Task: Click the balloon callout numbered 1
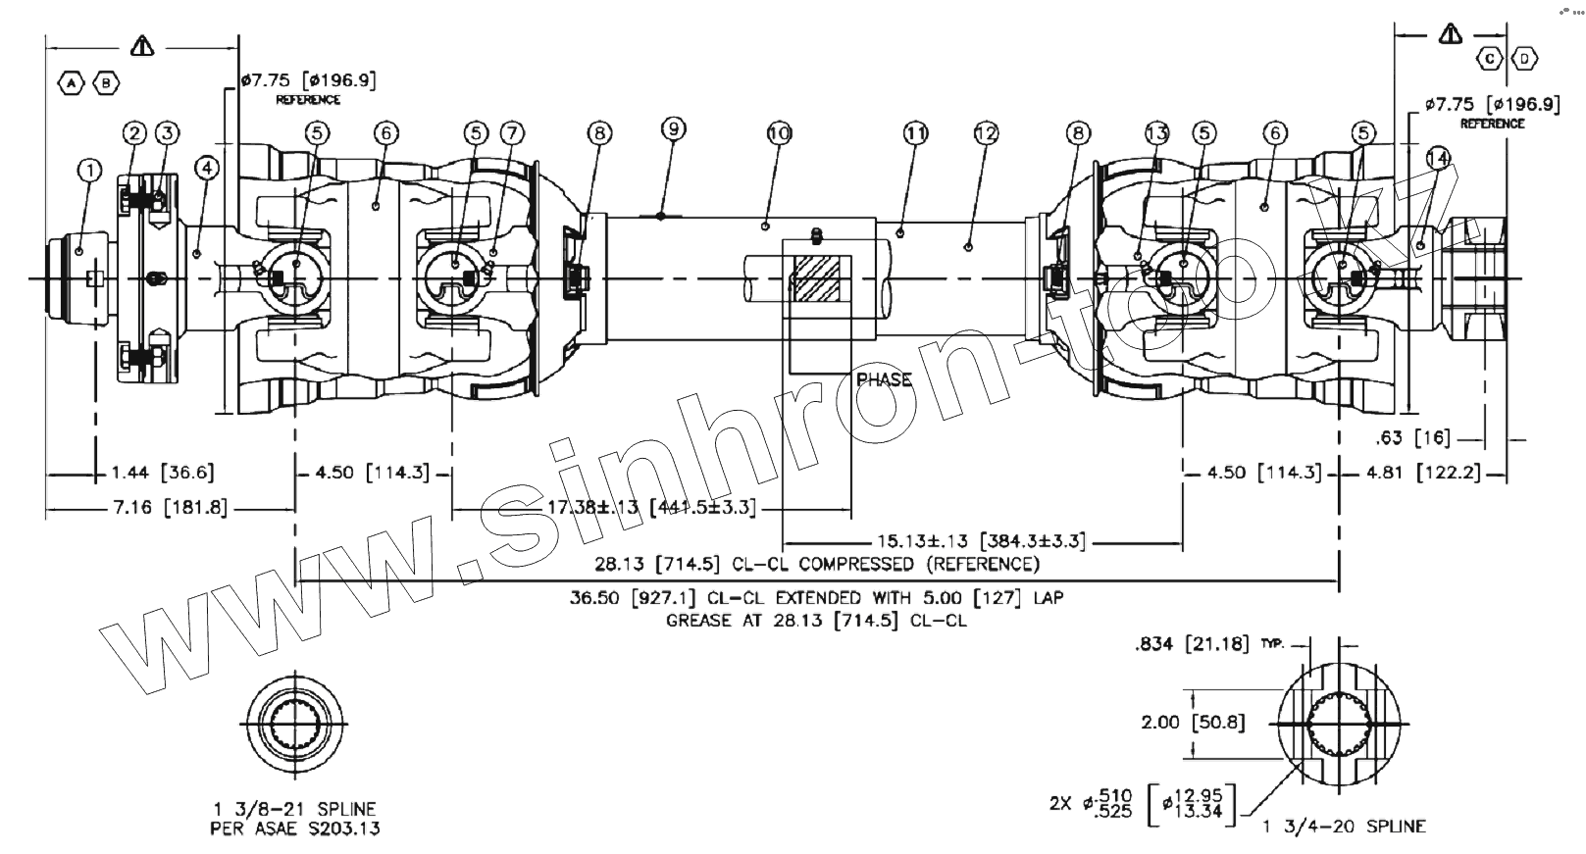[89, 171]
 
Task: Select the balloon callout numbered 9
[673, 128]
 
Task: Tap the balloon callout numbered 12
[986, 132]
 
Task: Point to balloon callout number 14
[1438, 157]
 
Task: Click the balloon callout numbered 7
[512, 132]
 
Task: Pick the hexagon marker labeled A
[73, 84]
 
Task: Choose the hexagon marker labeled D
[1525, 60]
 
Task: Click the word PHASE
[884, 379]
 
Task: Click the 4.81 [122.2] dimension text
[1423, 473]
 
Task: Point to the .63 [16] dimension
[1412, 437]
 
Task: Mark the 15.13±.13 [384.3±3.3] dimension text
[981, 540]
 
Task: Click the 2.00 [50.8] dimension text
[1193, 723]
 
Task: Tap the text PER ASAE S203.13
[295, 829]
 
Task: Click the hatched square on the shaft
[817, 279]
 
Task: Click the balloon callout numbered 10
[779, 132]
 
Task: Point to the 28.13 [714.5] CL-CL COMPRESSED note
[816, 564]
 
